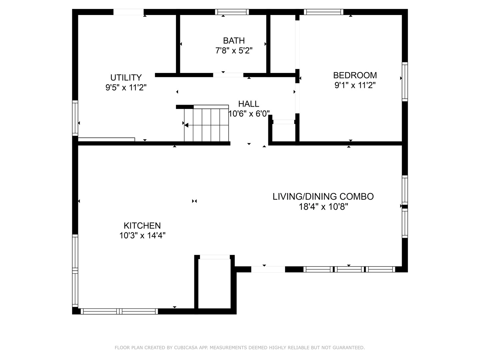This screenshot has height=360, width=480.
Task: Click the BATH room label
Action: coord(234,41)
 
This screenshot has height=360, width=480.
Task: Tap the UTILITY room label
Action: coord(126,78)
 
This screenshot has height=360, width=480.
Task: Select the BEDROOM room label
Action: coord(355,75)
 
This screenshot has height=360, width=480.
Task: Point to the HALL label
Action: coord(249,104)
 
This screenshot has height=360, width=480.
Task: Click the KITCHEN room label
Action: coord(142,225)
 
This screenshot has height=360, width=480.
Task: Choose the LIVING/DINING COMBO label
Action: coord(323,197)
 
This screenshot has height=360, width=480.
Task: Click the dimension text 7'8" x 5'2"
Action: coord(234,51)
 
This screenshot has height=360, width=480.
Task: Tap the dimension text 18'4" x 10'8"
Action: coord(323,207)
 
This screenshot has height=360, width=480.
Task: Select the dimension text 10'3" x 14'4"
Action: coord(142,235)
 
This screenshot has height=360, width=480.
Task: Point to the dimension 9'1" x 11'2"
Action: coord(355,85)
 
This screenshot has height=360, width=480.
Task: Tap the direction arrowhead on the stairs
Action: coord(186,125)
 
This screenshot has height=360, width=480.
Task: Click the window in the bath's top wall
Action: coord(232,12)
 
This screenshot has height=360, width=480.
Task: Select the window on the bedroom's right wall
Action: coord(405,82)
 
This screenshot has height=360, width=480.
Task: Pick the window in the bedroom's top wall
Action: coord(323,12)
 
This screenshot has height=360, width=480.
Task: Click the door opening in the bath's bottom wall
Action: coord(228,75)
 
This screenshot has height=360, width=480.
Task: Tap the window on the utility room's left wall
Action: coord(75,118)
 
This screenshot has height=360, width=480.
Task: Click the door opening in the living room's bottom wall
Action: coord(268,269)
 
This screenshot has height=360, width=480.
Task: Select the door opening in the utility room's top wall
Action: coord(128,12)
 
